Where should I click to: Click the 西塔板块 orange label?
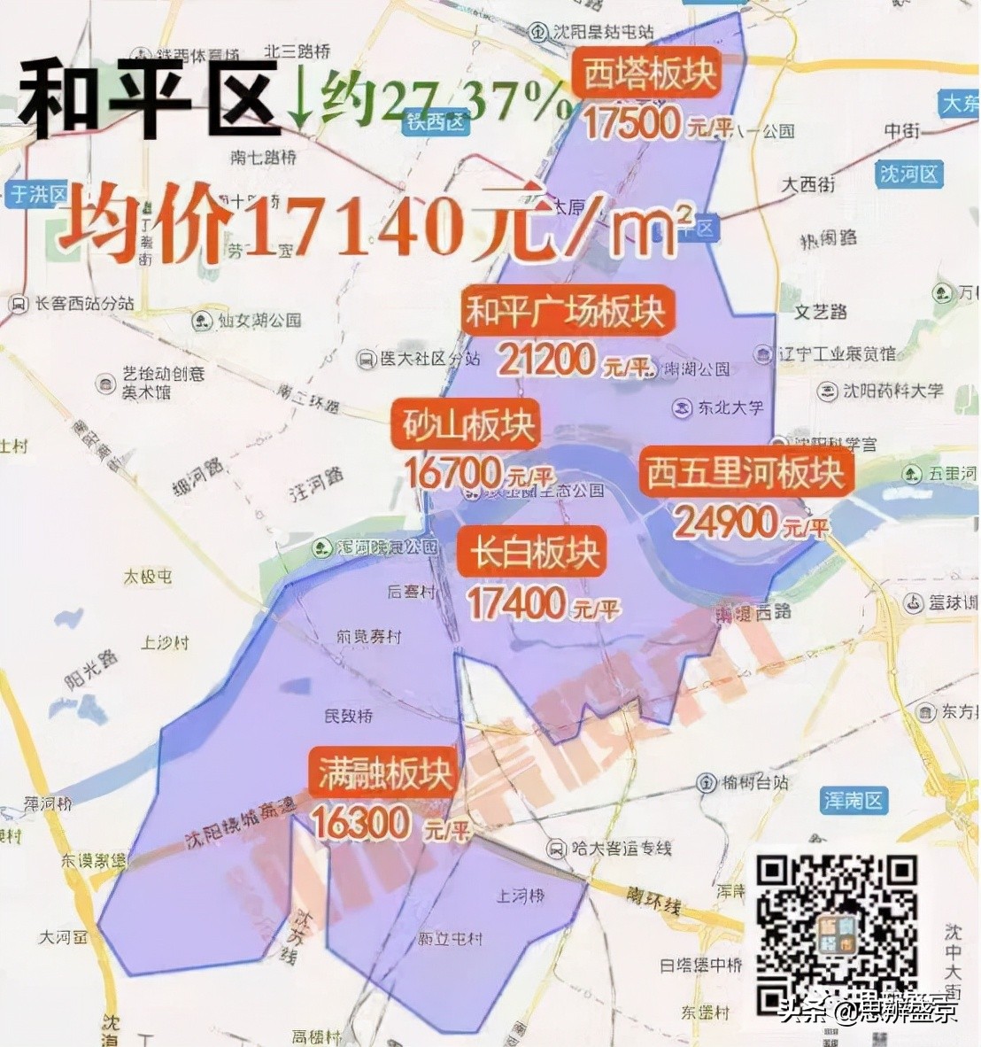648,73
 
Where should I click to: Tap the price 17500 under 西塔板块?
632,123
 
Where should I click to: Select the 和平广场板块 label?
566,312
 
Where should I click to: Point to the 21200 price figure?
546,361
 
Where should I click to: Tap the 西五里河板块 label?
745,471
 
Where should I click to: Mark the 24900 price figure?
726,523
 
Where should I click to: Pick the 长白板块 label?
534,554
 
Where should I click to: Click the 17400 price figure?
516,604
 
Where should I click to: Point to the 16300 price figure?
360,824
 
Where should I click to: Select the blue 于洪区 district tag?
39,194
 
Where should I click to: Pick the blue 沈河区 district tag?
908,174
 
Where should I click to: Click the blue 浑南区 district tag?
854,801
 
